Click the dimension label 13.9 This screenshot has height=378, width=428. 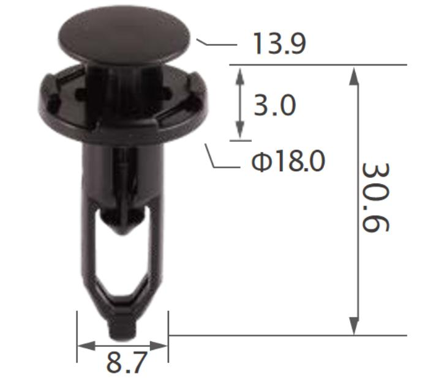tap(280, 43)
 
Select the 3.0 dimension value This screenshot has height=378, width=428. tap(275, 105)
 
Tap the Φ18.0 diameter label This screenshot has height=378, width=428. tap(288, 161)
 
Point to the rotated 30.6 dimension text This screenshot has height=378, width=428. tap(375, 198)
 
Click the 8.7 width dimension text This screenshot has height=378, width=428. tap(127, 362)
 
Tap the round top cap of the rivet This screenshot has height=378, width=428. tap(124, 35)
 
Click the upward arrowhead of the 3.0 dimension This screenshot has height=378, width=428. tap(239, 75)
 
